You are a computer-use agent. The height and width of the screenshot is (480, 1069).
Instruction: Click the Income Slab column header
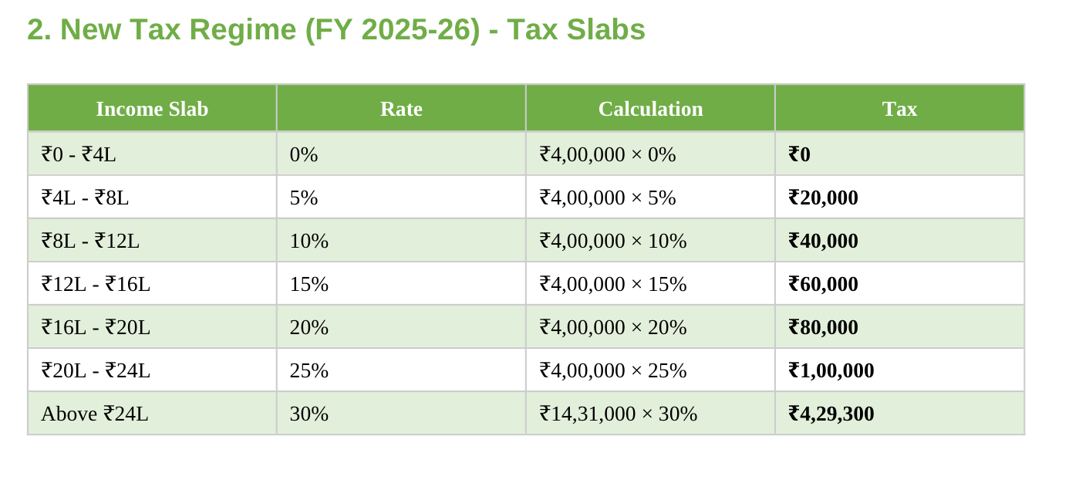click(x=152, y=109)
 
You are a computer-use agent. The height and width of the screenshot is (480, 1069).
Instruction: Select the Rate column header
click(x=401, y=109)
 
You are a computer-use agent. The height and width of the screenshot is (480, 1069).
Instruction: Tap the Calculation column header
click(x=650, y=109)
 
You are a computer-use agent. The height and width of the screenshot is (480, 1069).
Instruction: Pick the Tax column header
click(x=899, y=109)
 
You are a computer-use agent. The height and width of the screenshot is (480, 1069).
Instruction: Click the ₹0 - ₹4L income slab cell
click(x=79, y=154)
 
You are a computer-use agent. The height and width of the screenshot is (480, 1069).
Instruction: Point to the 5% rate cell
click(x=304, y=198)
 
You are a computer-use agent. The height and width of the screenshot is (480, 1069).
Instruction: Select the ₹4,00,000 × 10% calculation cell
click(x=613, y=241)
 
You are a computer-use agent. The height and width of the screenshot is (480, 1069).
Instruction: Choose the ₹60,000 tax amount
click(x=823, y=284)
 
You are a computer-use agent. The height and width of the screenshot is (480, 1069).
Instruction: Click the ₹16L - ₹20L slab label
click(x=96, y=327)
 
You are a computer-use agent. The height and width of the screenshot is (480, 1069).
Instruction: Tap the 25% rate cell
click(x=309, y=370)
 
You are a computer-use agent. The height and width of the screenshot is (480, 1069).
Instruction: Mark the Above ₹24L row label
click(x=94, y=414)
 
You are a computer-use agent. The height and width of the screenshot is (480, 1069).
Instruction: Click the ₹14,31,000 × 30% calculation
click(x=619, y=414)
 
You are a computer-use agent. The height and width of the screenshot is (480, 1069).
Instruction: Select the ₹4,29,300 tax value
click(x=831, y=414)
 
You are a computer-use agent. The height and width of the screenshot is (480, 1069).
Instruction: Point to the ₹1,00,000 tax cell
click(x=831, y=370)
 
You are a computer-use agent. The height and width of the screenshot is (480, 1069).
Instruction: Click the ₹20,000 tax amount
click(x=823, y=198)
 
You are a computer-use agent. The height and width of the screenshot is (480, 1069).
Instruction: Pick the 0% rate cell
click(x=304, y=154)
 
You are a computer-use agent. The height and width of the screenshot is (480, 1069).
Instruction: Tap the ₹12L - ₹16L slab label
click(x=96, y=284)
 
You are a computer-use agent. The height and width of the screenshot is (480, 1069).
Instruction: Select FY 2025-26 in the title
click(x=393, y=30)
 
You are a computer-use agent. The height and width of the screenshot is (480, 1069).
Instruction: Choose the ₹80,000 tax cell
click(x=823, y=327)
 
